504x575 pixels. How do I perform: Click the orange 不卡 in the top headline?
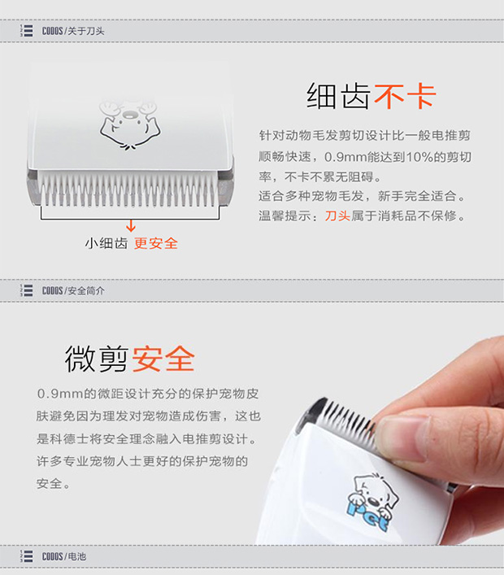405,96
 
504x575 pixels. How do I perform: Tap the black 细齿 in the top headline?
338,96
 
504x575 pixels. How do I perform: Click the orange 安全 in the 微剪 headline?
163,359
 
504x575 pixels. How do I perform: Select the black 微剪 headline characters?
97,359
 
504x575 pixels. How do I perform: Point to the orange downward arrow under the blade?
131,225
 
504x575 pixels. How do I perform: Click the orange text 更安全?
156,243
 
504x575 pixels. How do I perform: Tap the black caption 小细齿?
106,243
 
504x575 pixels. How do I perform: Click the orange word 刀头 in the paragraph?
337,216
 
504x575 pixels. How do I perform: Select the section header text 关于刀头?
86,31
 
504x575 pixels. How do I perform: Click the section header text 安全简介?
86,291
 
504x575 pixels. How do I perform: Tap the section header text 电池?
77,556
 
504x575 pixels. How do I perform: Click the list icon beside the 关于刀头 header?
26,31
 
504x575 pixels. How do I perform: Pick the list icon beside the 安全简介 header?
26,290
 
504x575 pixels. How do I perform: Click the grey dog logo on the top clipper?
130,124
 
